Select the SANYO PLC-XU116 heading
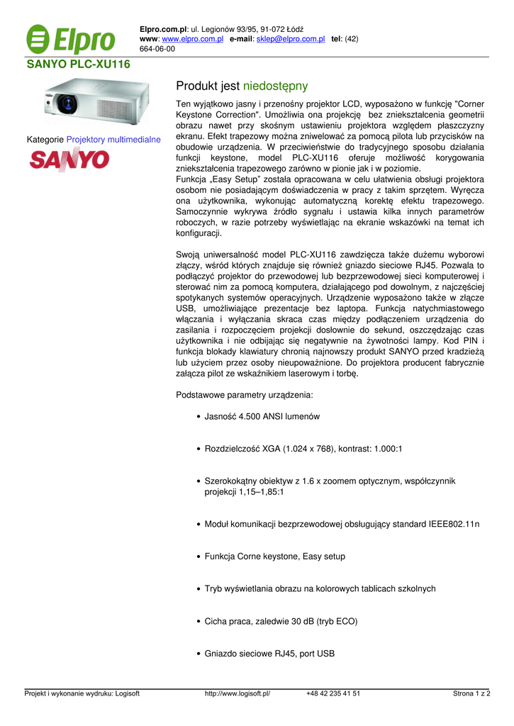[x=79, y=64]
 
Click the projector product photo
[x=96, y=103]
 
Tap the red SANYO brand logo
[x=69, y=160]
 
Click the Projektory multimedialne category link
[x=113, y=140]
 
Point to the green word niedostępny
[x=275, y=86]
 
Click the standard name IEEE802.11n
[x=454, y=524]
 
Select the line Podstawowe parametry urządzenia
[x=243, y=395]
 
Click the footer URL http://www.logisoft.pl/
[x=238, y=694]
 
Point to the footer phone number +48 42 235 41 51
[x=333, y=694]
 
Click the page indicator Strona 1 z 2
[x=471, y=694]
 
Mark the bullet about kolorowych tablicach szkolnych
[x=320, y=588]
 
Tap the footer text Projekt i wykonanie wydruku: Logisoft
[x=82, y=694]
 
